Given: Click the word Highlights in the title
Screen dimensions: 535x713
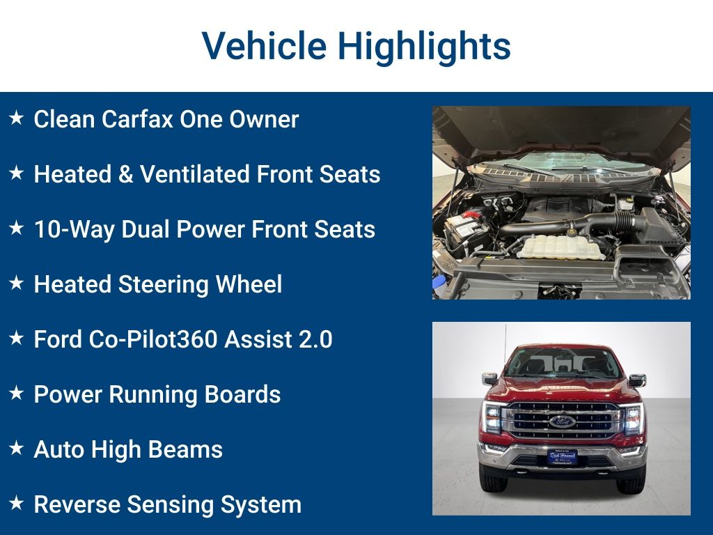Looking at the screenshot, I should pos(424,47).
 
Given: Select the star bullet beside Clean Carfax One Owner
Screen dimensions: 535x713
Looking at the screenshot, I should pos(16,118).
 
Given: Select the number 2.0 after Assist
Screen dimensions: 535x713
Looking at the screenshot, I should pos(313,340).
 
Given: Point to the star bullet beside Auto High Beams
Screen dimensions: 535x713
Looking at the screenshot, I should pos(16,449).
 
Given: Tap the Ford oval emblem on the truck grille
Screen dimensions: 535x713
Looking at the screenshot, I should pos(562,421).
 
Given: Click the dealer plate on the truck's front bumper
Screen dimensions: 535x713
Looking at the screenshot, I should pos(562,456).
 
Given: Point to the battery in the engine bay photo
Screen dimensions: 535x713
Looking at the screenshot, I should pos(466,227).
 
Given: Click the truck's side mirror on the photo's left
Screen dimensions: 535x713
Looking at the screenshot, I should pos(489,379).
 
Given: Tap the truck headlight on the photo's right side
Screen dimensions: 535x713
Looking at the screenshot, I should pos(633,419).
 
